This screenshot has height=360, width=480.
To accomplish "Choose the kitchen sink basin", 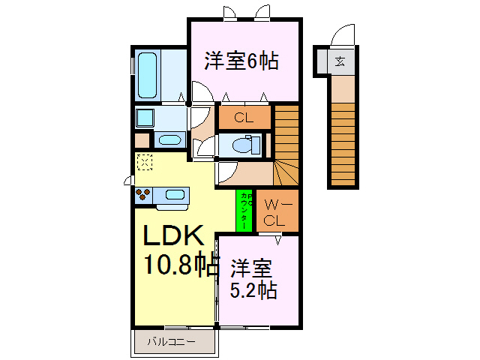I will (175, 195).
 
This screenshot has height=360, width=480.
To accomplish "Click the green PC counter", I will (245, 211).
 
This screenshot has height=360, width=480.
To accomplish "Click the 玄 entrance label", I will (340, 62).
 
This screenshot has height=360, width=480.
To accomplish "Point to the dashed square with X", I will (144, 161).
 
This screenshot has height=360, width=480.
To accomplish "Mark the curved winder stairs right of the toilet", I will (286, 171).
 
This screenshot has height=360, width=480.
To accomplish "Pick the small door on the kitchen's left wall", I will (128, 180).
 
